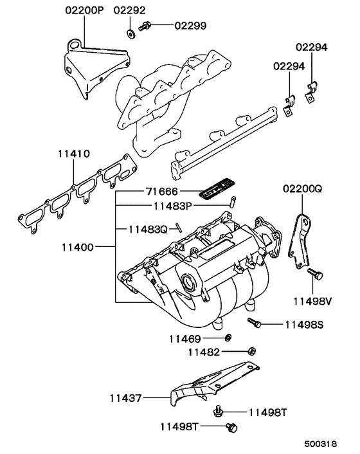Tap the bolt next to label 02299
pos(146,26)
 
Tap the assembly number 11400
pos(80,247)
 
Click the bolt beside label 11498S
pos(254,324)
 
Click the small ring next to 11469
pos(229,338)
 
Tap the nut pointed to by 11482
pos(252,351)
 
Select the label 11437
pos(123,399)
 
